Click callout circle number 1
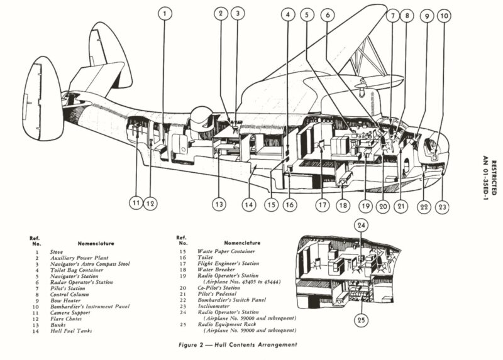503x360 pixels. pyautogui.click(x=164, y=13)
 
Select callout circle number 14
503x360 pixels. pyautogui.click(x=248, y=204)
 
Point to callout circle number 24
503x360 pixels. pyautogui.click(x=362, y=225)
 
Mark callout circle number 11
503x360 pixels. pyautogui.click(x=136, y=204)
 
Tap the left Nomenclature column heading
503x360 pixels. pyautogui.click(x=96, y=243)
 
